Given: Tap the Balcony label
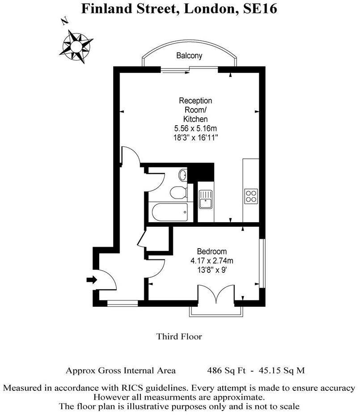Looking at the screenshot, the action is tap(189, 56).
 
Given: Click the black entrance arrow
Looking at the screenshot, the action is tap(91, 280).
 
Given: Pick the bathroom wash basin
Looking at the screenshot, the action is tap(183, 175).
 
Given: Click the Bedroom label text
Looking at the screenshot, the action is tap(212, 251).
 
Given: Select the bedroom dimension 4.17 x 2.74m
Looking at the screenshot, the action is tap(212, 260).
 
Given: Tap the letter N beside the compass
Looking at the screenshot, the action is tap(65, 20).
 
